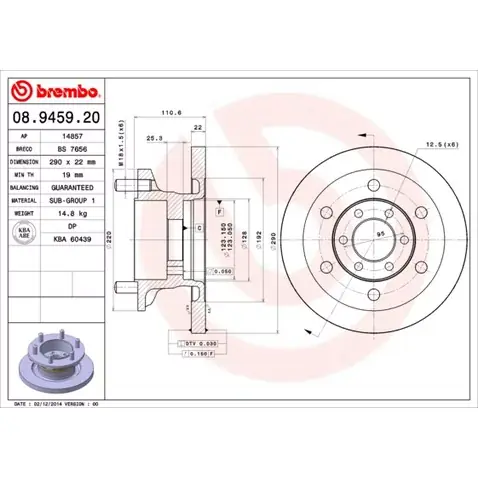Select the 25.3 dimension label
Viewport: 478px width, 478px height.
pos(155,137)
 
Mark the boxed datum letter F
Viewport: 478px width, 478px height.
pos(217,212)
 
